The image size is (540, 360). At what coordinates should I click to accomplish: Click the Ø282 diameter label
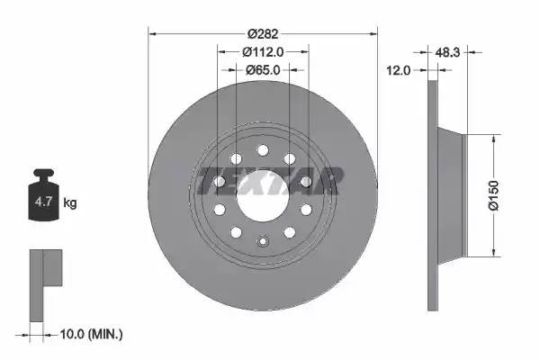click(x=263, y=33)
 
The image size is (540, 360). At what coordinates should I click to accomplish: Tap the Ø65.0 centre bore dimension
click(x=263, y=69)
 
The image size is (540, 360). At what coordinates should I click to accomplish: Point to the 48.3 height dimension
click(x=448, y=53)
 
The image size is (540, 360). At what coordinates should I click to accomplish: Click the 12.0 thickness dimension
click(x=398, y=69)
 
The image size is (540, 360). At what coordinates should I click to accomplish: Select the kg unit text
click(x=70, y=203)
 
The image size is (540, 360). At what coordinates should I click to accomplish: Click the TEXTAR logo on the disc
click(x=267, y=181)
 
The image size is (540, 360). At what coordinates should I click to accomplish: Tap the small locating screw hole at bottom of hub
click(x=263, y=240)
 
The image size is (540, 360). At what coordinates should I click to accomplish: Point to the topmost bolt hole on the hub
click(x=263, y=150)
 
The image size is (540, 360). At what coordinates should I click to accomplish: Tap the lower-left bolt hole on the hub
click(x=236, y=231)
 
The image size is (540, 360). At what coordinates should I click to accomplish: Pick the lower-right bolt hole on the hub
click(x=290, y=231)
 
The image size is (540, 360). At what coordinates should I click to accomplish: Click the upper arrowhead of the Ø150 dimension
click(x=494, y=138)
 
